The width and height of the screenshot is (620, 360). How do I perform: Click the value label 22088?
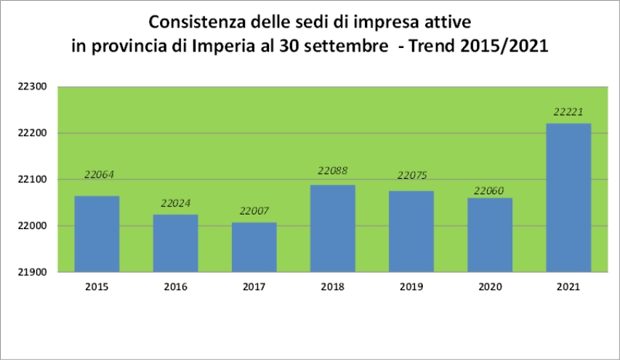[334, 171]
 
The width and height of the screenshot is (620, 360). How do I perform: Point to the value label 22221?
[568, 112]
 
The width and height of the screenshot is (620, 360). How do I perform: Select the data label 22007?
[254, 211]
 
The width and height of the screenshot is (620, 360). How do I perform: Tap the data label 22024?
[176, 203]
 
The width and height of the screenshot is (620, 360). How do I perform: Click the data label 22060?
[490, 191]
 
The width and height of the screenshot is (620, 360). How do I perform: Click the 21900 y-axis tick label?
[31, 272]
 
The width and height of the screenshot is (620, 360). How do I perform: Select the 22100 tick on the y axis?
[31, 180]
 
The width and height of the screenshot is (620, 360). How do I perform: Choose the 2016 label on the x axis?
[176, 287]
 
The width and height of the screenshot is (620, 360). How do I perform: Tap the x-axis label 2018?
[334, 287]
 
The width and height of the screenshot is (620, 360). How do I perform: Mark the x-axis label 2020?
[490, 287]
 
